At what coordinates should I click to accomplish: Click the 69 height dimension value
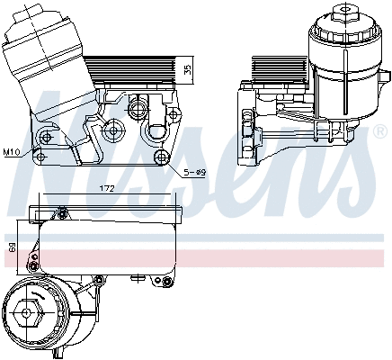13,246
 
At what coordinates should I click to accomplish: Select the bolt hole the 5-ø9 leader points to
162,158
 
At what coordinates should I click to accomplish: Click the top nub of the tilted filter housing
28,8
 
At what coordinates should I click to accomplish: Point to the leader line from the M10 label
30,152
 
